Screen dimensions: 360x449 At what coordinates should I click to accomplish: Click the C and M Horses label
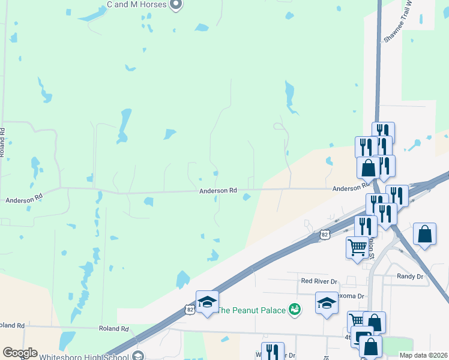(136, 4)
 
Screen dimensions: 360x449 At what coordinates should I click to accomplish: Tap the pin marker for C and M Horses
(176, 5)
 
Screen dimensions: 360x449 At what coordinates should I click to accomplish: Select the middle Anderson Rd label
(218, 191)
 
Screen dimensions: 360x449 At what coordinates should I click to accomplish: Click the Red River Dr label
(319, 280)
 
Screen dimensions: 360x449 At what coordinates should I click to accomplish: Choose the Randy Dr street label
(410, 277)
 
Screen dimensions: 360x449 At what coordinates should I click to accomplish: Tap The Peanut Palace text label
(250, 310)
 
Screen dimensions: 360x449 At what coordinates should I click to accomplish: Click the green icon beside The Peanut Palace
(294, 310)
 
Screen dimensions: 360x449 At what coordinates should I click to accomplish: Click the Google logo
(20, 353)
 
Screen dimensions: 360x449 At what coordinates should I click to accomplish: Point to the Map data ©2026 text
(424, 355)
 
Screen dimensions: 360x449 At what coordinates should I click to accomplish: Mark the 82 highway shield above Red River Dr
(325, 234)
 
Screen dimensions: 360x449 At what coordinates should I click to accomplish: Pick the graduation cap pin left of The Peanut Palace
(207, 302)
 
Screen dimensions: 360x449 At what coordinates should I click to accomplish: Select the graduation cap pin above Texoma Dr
(327, 302)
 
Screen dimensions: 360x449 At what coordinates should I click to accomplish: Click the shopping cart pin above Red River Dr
(358, 246)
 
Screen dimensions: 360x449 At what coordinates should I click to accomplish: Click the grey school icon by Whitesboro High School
(138, 356)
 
